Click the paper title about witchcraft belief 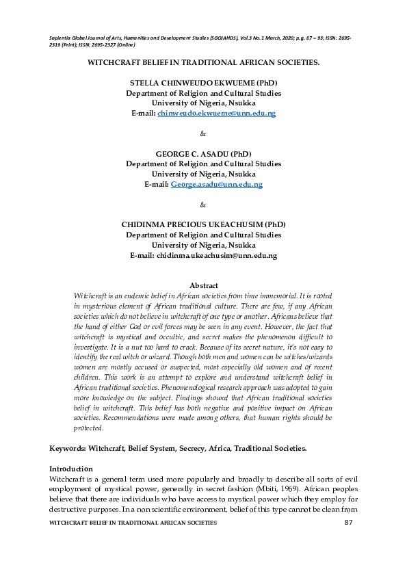pyautogui.click(x=203, y=62)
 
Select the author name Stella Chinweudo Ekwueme pyautogui.click(x=203, y=82)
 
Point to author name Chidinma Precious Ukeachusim pyautogui.click(x=203, y=224)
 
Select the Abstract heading pyautogui.click(x=203, y=285)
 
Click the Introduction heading pyautogui.click(x=70, y=469)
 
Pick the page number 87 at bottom pyautogui.click(x=349, y=523)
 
